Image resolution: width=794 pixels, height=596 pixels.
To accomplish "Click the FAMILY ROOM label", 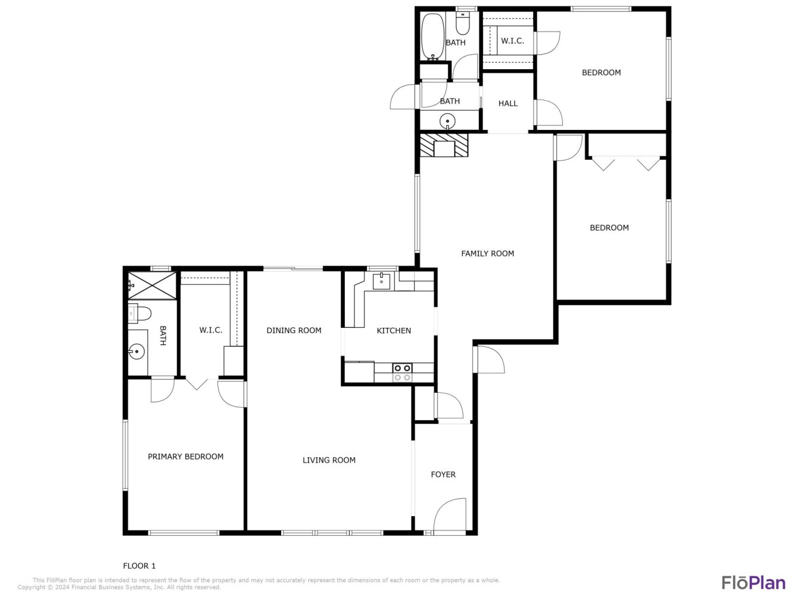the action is click(x=487, y=254).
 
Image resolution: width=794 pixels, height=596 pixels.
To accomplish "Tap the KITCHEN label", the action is click(x=394, y=330).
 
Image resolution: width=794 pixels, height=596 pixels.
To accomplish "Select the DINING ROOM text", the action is click(x=294, y=330).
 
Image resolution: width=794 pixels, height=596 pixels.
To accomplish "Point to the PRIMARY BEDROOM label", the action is click(x=186, y=457).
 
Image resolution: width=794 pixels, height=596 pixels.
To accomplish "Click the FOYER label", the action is click(x=443, y=474).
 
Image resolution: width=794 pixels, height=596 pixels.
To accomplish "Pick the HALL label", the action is click(x=508, y=104).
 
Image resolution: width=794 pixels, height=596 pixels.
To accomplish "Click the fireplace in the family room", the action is click(x=444, y=145).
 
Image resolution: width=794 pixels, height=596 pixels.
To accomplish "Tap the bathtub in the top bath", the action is click(x=433, y=36).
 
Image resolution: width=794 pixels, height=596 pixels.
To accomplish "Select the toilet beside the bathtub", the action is click(x=462, y=23).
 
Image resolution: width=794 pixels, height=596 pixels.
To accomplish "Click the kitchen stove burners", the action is click(x=402, y=372).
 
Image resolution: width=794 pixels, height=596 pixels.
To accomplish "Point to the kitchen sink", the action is click(x=381, y=281).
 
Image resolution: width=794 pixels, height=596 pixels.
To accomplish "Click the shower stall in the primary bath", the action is click(x=152, y=285).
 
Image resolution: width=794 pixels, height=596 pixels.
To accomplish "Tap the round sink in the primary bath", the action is click(x=136, y=352).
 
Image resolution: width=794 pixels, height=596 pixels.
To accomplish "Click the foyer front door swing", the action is click(x=450, y=516).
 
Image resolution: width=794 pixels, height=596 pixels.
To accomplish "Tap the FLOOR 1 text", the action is click(x=139, y=566).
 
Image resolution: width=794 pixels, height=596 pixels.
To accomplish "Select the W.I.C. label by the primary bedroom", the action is click(x=210, y=330).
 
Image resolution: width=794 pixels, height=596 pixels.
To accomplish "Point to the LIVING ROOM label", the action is click(x=329, y=460).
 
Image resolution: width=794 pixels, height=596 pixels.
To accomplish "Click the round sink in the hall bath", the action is click(x=447, y=121).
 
